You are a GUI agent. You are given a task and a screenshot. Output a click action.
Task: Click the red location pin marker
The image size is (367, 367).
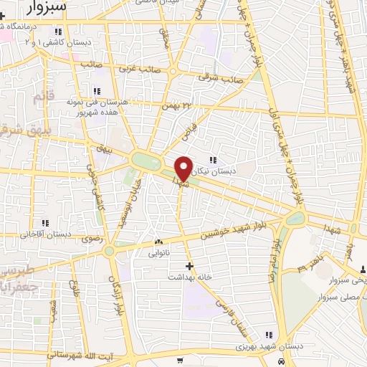[183, 168]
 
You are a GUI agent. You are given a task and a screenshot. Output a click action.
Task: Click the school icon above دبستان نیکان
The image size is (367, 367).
[212, 160]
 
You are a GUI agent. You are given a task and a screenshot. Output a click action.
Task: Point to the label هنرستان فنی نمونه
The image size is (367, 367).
[105, 103]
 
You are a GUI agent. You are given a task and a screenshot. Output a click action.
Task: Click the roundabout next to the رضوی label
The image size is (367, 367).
[109, 251]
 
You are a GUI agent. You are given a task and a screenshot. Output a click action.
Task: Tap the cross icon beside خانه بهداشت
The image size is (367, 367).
[189, 265]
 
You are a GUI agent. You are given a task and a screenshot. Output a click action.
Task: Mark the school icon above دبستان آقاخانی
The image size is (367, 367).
[58, 223]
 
